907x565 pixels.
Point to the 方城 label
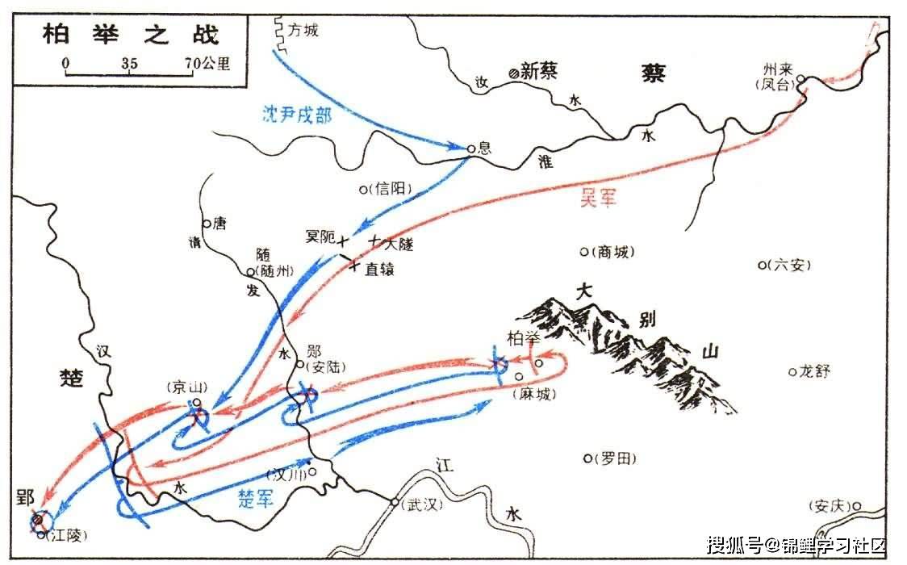304,31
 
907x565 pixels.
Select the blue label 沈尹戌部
297,114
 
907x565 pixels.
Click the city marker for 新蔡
513,73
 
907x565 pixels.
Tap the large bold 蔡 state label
654,73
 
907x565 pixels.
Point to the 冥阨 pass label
319,237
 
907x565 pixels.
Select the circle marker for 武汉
394,503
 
